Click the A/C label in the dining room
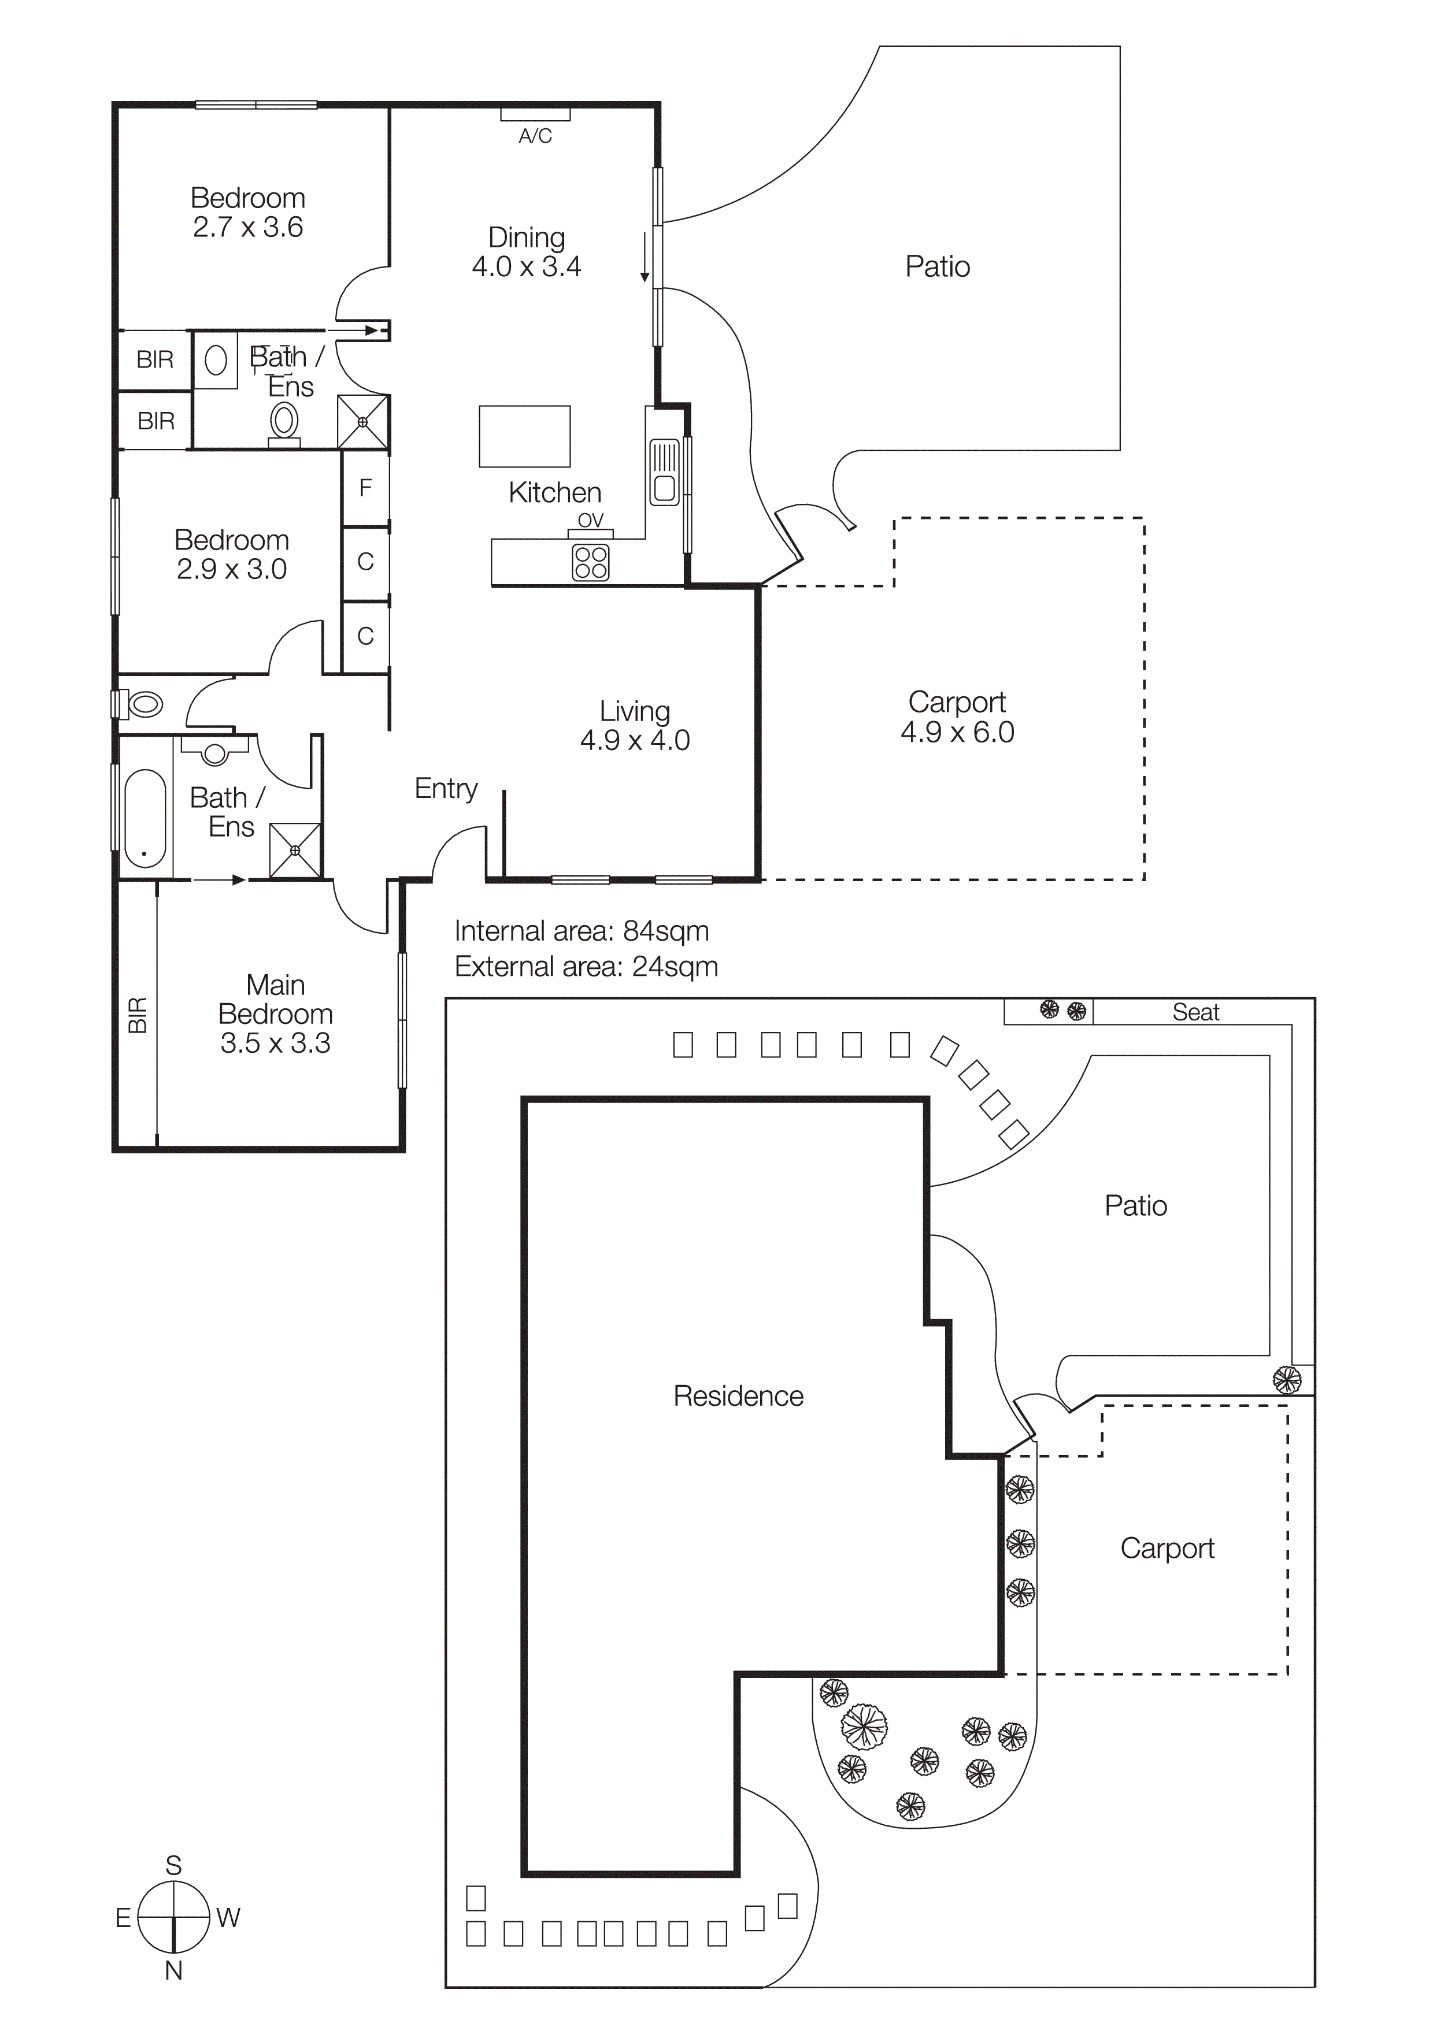535,136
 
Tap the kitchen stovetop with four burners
591,562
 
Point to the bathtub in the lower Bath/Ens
145,818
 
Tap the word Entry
446,788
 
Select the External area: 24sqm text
586,967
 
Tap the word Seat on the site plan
1195,1012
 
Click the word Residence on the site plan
738,1396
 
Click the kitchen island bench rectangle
524,436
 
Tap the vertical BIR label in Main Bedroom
138,1015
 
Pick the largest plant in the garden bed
864,1726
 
